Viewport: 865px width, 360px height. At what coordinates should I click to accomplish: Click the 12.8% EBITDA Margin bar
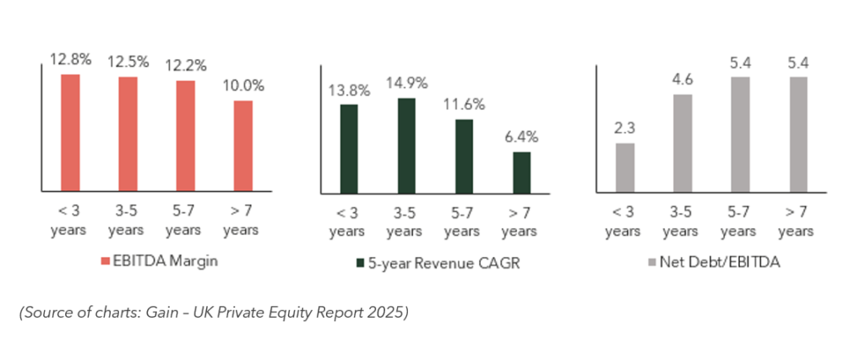71,133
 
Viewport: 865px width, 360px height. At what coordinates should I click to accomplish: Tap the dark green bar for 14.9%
405,145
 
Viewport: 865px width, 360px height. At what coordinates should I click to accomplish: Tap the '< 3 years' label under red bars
71,221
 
